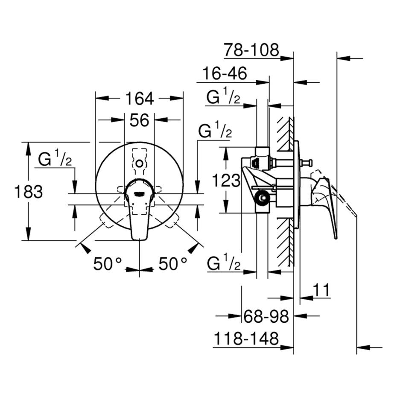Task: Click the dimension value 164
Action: tap(139, 99)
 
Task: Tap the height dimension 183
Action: tap(29, 192)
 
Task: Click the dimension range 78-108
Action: tap(251, 50)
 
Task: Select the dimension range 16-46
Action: tap(225, 73)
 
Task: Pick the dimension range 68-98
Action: tap(266, 316)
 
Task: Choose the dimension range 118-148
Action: tap(246, 339)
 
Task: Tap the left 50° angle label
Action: tap(108, 264)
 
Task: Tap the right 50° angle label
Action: tap(173, 264)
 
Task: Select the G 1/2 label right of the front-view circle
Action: tap(215, 131)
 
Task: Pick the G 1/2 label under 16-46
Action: tap(223, 98)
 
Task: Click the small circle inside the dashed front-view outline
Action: tap(140, 163)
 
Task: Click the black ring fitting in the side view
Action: tap(261, 197)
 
